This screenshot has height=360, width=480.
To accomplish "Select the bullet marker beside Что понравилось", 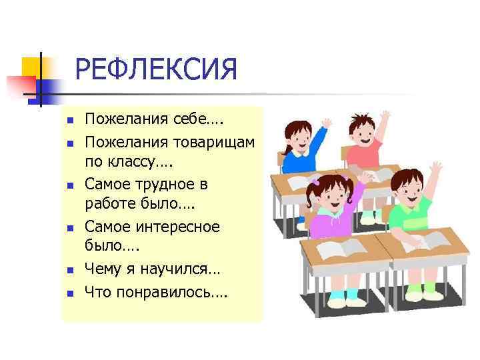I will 68,291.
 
